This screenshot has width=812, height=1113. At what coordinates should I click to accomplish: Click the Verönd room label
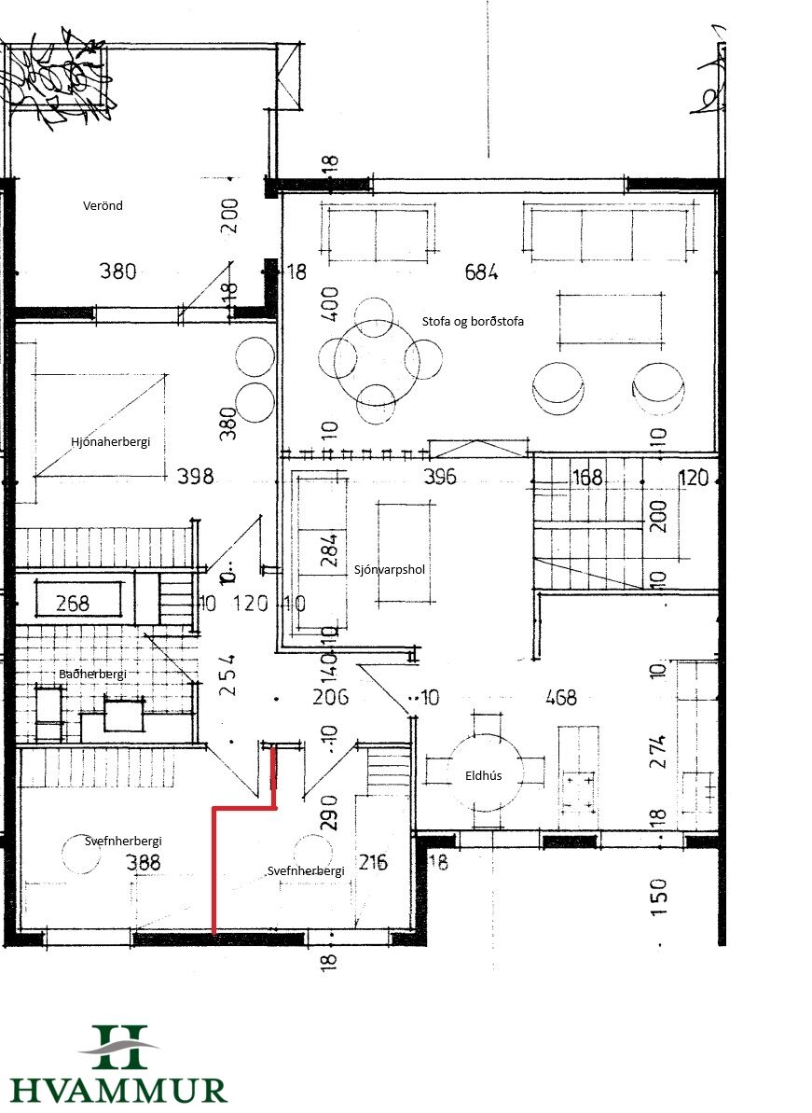103,206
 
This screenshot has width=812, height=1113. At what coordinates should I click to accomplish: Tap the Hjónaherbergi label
111,442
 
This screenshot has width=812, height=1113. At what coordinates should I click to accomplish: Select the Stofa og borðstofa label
473,322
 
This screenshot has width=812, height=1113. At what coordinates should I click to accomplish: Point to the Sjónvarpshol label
390,569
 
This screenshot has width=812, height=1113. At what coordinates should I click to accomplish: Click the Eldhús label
484,776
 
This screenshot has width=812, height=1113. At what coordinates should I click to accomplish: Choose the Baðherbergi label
93,674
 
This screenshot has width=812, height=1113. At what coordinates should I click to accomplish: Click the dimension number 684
482,271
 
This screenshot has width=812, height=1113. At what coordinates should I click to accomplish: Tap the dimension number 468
561,698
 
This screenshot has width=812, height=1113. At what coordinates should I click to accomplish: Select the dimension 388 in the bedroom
144,862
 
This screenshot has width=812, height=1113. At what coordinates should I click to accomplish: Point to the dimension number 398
196,476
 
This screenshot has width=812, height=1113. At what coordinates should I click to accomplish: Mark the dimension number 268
73,604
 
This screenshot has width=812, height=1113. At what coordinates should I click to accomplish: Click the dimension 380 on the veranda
117,271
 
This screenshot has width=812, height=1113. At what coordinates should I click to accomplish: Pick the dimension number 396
440,477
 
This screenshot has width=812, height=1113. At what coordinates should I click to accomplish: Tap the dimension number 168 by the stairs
588,477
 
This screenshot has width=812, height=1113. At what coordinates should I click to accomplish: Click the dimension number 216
373,862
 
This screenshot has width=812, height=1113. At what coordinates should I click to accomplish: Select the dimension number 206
330,697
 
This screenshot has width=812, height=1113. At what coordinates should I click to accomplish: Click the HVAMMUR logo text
118,1091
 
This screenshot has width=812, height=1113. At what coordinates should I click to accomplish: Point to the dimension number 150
659,897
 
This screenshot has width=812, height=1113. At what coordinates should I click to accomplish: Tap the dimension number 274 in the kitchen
658,752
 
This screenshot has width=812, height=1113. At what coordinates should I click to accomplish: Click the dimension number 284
330,550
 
